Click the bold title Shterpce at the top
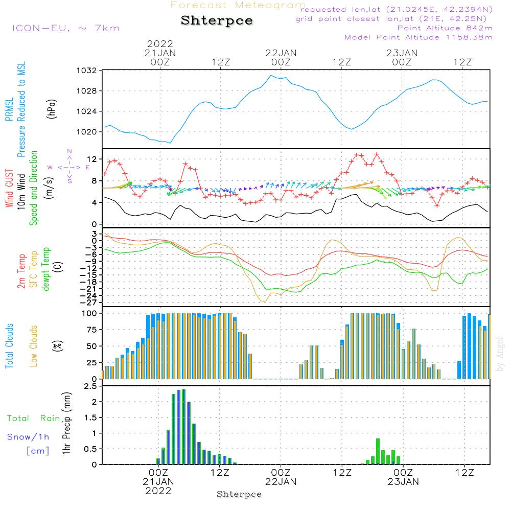pyautogui.click(x=217, y=21)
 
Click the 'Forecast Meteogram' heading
pyautogui.click(x=238, y=6)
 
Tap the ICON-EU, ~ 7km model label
pyautogui.click(x=65, y=28)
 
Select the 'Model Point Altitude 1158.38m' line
pyautogui.click(x=419, y=37)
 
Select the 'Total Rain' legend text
pyautogui.click(x=33, y=419)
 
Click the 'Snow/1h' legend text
pyautogui.click(x=28, y=437)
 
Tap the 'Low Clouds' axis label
pyautogui.click(x=34, y=346)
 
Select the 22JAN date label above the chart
pyautogui.click(x=281, y=53)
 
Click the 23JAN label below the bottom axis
pyautogui.click(x=403, y=481)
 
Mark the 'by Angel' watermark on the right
pyautogui.click(x=500, y=354)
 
